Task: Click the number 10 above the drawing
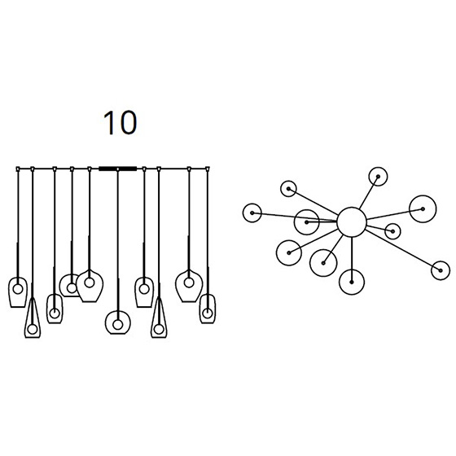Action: pos(121,122)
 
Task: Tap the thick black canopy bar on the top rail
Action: pos(117,169)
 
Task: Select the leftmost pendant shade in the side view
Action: pos(18,292)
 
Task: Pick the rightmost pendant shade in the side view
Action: pos(208,309)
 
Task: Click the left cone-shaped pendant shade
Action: pos(33,318)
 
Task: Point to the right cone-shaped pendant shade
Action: pos(159,318)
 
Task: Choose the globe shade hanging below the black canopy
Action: pos(118,322)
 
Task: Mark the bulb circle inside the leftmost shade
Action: pos(18,289)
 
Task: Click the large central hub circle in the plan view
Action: pos(352,222)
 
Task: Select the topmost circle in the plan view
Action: pos(378,176)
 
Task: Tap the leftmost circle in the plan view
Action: pos(252,213)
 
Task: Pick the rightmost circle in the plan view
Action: pos(441,270)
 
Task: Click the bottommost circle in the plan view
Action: pos(352,282)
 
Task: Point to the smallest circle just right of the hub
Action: pos(392,231)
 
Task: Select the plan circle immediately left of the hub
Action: pos(306,222)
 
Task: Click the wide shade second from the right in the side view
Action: pos(189,287)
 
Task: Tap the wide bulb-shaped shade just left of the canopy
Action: pos(90,287)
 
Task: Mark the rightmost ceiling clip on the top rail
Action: pos(208,169)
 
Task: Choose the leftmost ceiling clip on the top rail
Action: pos(18,169)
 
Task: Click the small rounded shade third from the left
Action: pos(55,309)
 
